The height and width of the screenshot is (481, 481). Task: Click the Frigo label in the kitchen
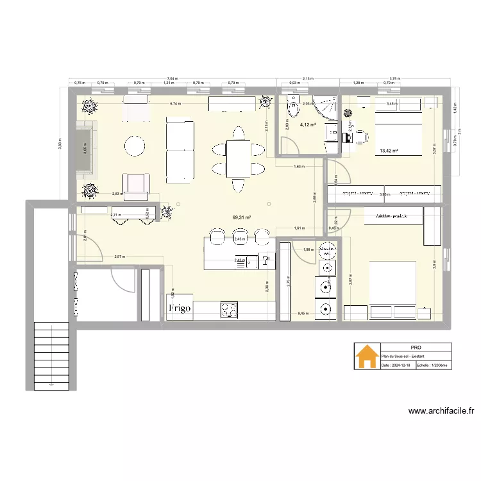pyautogui.click(x=180, y=308)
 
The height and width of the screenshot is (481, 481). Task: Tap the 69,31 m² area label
pyautogui.click(x=241, y=217)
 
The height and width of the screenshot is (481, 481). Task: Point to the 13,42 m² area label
pyautogui.click(x=389, y=151)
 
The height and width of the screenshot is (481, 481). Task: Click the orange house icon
pyautogui.click(x=367, y=357)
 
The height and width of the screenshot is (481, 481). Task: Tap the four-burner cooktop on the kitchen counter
pyautogui.click(x=229, y=310)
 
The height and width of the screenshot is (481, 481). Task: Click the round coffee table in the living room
pyautogui.click(x=135, y=146)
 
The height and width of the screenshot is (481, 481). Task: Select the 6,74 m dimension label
pyautogui.click(x=174, y=103)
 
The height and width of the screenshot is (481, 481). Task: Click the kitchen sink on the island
pyautogui.click(x=266, y=260)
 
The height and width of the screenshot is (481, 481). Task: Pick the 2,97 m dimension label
pyautogui.click(x=119, y=257)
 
